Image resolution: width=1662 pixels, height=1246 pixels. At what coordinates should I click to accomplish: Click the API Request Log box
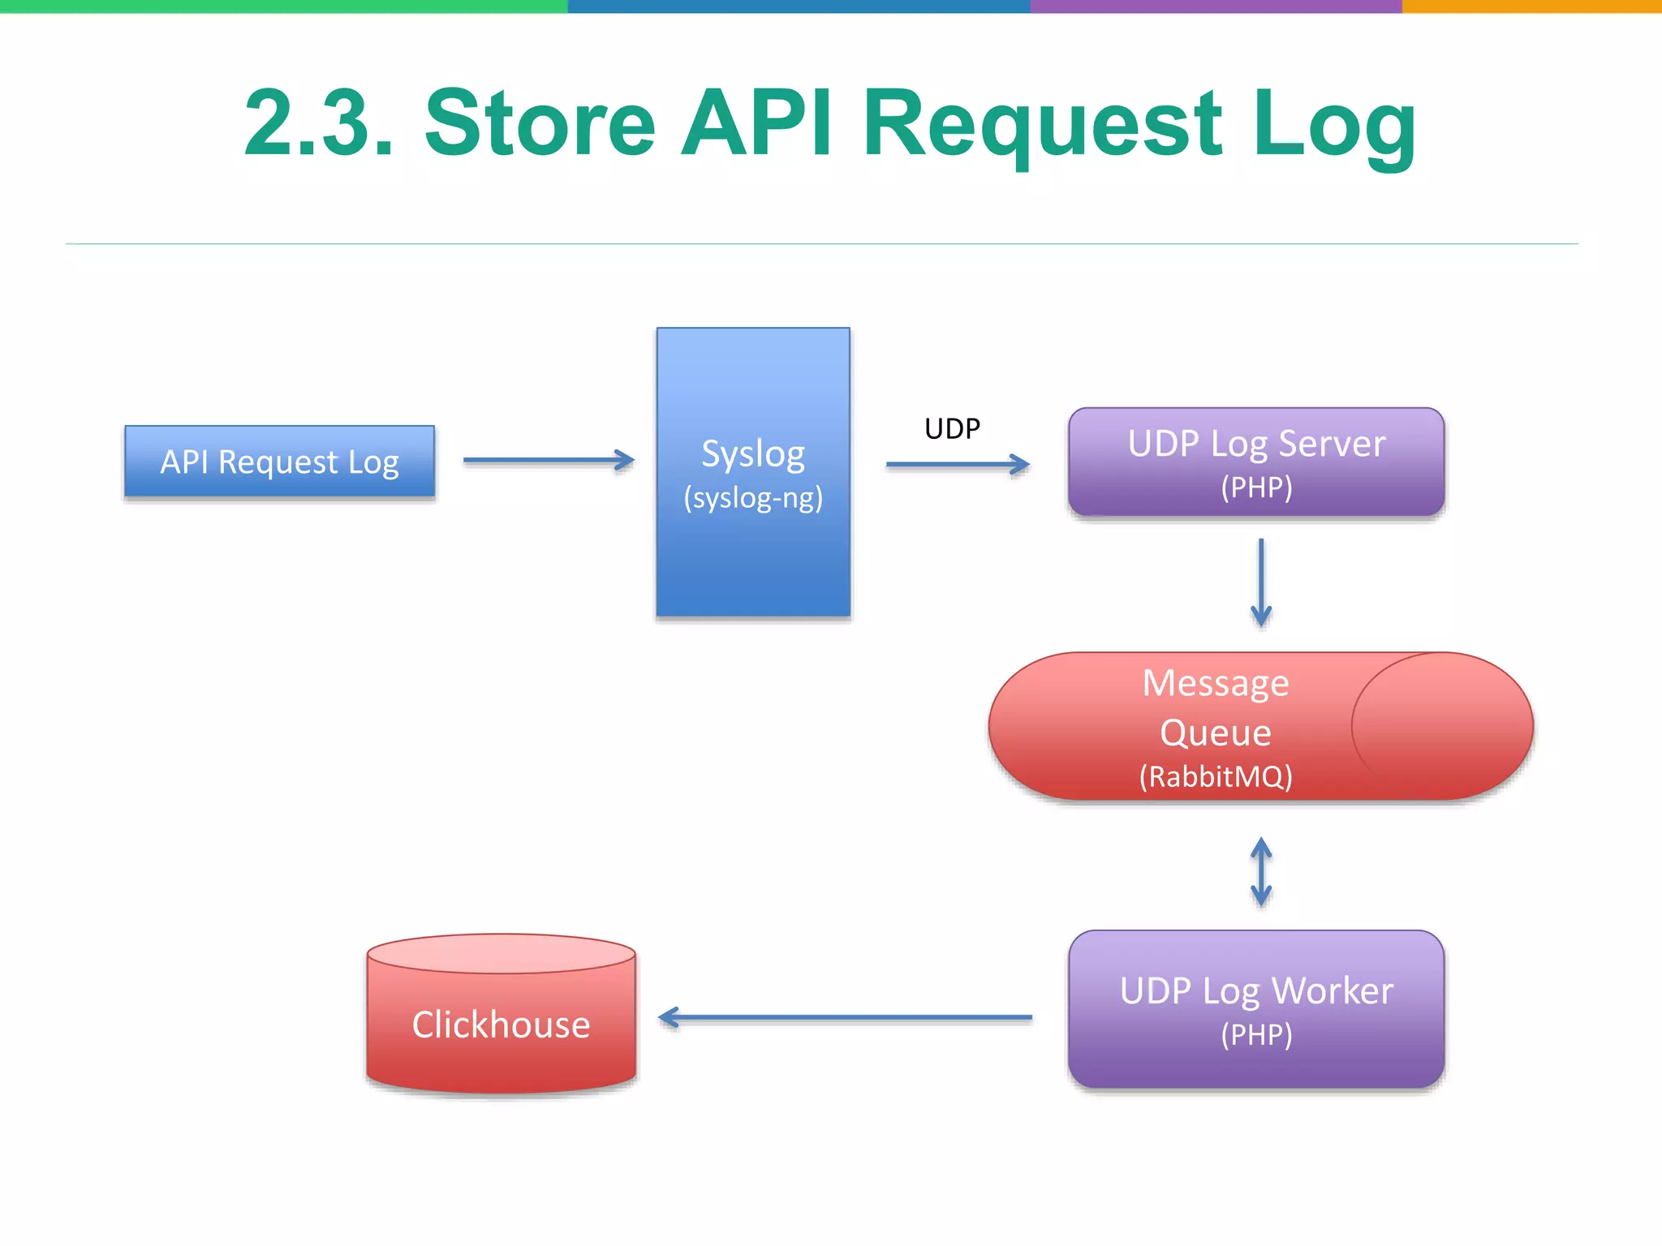tap(279, 462)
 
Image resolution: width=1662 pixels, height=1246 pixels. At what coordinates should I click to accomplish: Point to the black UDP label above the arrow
tap(952, 428)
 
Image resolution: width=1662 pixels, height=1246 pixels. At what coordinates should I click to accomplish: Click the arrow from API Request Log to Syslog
tap(549, 461)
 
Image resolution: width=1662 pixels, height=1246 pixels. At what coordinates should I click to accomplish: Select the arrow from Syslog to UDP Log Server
tap(958, 465)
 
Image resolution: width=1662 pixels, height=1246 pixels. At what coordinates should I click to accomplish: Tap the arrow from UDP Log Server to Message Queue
tap(1261, 582)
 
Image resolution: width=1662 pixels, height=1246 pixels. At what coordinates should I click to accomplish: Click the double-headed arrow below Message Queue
tap(1261, 872)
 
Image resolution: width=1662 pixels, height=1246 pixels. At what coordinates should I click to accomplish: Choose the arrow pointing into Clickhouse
tap(844, 1017)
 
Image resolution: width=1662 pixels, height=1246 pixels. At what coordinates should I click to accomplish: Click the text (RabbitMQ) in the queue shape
tap(1215, 777)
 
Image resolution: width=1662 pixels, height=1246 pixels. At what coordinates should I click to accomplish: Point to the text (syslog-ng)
tap(753, 497)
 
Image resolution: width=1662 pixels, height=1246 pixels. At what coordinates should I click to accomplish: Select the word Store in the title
tap(540, 123)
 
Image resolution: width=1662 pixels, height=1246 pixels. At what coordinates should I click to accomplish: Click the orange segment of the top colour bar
tap(1532, 6)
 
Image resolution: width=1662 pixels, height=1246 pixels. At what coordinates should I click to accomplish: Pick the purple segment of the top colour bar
tap(1216, 6)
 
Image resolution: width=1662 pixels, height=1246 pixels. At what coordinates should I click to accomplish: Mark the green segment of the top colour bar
tap(284, 6)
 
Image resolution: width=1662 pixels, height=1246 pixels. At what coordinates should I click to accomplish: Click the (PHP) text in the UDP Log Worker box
tap(1256, 1035)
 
